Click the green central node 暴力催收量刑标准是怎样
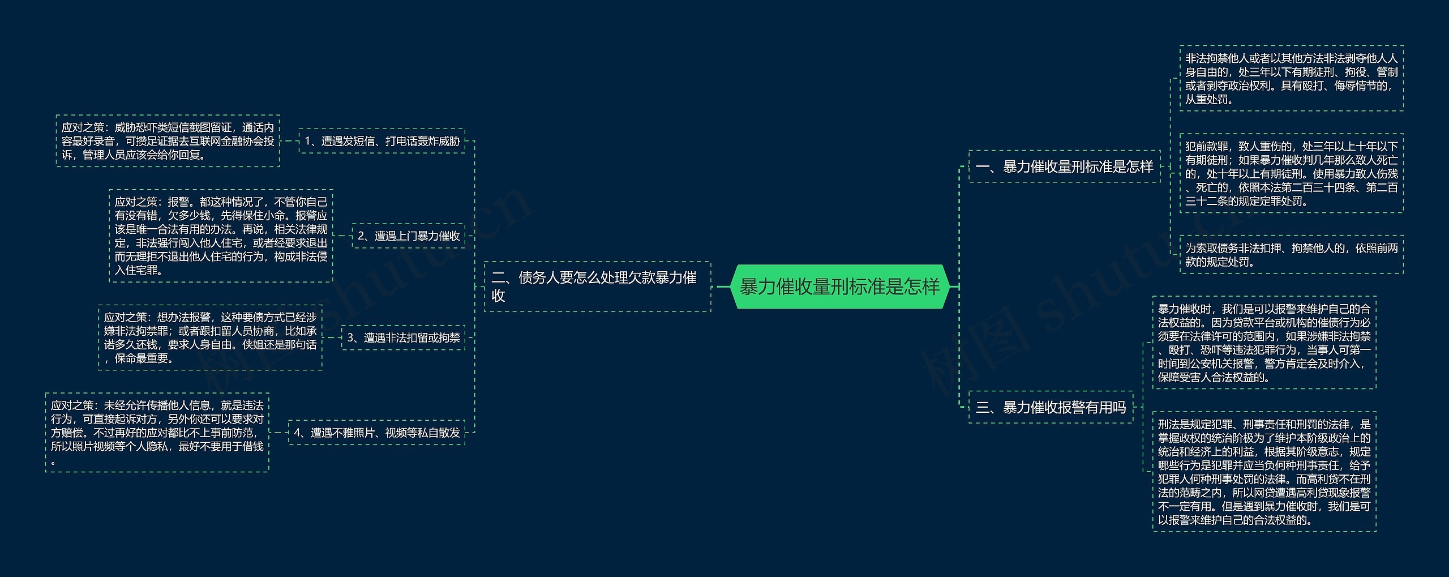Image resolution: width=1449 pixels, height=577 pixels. tap(839, 287)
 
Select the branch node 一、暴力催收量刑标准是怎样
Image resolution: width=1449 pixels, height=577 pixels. tap(1064, 166)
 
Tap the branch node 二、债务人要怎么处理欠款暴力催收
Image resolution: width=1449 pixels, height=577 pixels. tap(597, 287)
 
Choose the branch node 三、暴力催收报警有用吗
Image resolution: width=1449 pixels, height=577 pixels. tap(1051, 407)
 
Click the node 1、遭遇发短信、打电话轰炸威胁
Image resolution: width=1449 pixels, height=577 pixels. tap(382, 141)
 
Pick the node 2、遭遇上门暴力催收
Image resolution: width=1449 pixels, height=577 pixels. tap(409, 236)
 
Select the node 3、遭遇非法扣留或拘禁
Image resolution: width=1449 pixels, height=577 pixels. tap(403, 337)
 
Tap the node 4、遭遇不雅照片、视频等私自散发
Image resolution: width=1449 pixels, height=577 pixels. tap(376, 433)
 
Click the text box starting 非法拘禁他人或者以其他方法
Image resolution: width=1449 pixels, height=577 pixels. tap(1291, 79)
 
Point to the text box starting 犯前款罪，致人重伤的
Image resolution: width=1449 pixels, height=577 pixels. tap(1291, 173)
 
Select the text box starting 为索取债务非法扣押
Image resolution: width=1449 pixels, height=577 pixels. tap(1291, 255)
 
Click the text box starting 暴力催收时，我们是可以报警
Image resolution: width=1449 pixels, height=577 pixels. tap(1264, 343)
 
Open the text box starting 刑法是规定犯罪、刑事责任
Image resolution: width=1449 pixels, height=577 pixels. tap(1264, 472)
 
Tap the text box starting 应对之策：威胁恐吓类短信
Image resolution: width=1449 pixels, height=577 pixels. tap(168, 141)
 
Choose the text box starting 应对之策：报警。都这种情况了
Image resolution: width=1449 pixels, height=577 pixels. tap(221, 236)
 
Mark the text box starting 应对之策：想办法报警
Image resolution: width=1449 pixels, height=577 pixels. tap(210, 337)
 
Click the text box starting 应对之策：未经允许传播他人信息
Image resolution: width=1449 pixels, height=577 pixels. tap(157, 433)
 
